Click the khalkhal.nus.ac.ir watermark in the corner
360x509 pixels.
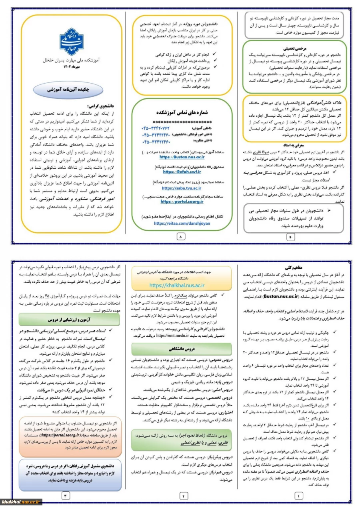click(x=22, y=502)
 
